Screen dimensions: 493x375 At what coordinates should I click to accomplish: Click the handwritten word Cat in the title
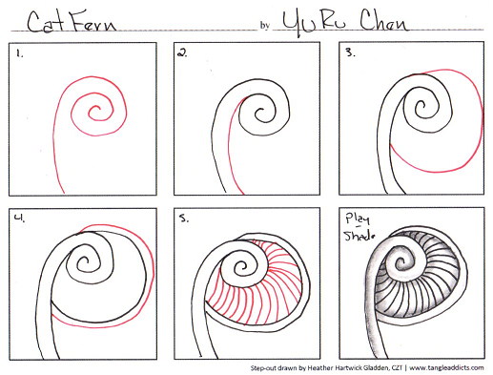(x=45, y=22)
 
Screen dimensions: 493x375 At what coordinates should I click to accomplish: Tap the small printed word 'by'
(x=265, y=26)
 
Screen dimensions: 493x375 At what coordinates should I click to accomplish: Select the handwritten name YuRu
(x=314, y=23)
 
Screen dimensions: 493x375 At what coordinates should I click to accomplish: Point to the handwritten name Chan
(x=383, y=21)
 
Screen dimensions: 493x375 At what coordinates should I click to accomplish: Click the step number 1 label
(x=20, y=54)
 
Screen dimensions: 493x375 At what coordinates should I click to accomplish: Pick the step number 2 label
(x=182, y=53)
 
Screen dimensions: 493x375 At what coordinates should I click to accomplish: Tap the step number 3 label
(x=350, y=52)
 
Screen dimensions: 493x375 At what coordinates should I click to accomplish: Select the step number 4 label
(x=19, y=218)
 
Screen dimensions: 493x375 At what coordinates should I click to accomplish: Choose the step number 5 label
(x=183, y=219)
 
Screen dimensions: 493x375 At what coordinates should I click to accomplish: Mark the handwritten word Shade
(x=359, y=236)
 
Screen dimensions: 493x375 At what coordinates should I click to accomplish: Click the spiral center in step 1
(x=96, y=111)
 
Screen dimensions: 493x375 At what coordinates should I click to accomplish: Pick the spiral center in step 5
(x=241, y=266)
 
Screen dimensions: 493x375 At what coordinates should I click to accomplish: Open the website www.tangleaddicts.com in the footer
(x=446, y=368)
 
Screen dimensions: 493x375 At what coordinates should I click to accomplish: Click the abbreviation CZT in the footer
(x=397, y=368)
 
